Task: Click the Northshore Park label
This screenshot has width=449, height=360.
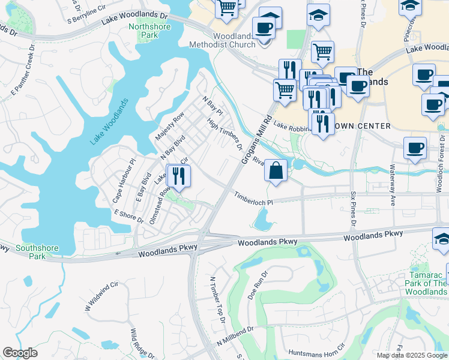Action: pos(143,31)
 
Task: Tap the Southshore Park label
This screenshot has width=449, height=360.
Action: pos(31,251)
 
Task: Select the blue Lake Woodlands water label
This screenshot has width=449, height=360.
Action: pos(109,122)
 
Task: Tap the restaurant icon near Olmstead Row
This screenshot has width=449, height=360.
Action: pos(178,175)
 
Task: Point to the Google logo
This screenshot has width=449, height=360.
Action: pos(20,353)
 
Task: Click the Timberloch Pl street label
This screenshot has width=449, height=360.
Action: pos(253,197)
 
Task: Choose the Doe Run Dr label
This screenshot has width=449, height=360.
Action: pos(256,286)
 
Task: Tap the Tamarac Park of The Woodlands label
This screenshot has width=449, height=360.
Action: pos(426,283)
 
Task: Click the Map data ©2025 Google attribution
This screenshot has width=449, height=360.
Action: pos(412,355)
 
